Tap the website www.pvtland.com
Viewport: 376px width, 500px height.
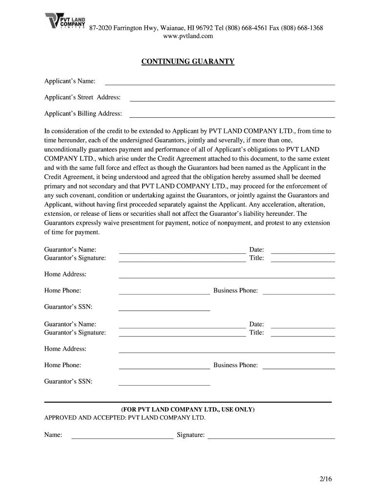coord(188,36)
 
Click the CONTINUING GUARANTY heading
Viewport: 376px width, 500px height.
coord(188,62)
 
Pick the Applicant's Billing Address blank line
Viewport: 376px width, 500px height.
coord(232,116)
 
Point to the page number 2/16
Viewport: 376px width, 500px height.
coord(324,479)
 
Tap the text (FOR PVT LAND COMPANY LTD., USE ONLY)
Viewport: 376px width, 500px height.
coord(188,409)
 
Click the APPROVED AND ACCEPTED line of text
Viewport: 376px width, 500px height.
coord(125,418)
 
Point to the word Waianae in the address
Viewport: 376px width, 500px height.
coord(161,28)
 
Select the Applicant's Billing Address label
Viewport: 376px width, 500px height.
coord(83,114)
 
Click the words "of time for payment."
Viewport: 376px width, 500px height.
coord(72,232)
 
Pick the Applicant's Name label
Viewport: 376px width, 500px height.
coord(70,81)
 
